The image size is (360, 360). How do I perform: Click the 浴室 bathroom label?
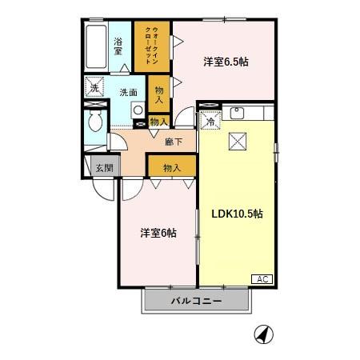click(x=118, y=46)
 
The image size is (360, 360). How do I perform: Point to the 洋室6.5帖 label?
click(x=225, y=62)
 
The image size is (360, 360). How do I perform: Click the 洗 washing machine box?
click(x=94, y=87)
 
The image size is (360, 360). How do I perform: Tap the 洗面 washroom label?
click(x=129, y=92)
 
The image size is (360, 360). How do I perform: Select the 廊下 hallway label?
click(x=174, y=142)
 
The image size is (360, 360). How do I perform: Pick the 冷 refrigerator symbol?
click(x=210, y=121)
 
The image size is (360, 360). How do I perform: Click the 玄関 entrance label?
click(x=104, y=167)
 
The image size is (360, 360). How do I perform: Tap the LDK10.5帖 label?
click(x=238, y=214)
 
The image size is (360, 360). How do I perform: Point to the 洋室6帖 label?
click(x=158, y=233)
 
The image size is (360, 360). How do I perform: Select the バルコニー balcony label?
click(x=197, y=301)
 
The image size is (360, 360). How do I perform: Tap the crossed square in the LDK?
click(x=238, y=141)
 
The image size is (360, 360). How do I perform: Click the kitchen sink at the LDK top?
click(x=237, y=113)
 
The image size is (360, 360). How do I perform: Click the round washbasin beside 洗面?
click(x=137, y=110)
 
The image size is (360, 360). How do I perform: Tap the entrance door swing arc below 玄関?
click(x=103, y=190)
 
